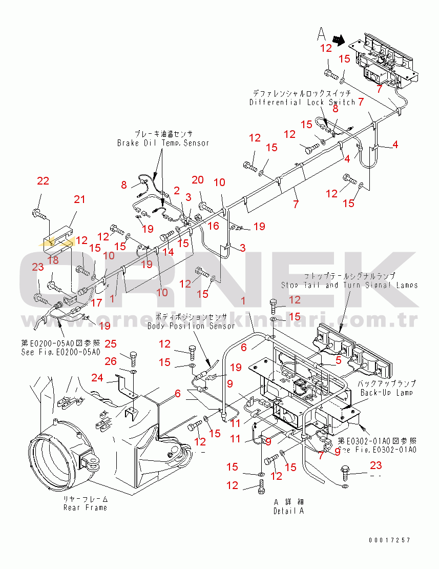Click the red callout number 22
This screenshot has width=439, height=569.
[43, 181]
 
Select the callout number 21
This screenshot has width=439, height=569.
[79, 199]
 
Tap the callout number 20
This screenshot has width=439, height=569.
[198, 179]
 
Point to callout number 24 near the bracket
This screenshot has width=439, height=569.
[98, 378]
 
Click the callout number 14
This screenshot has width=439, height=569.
[168, 252]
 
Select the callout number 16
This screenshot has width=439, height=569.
[214, 226]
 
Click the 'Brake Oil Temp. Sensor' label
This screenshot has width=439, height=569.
[163, 143]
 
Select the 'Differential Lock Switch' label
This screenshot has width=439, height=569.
[302, 102]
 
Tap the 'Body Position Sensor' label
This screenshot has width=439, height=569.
[191, 326]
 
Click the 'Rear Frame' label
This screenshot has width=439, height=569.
[85, 507]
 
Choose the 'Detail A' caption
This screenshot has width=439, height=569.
[288, 511]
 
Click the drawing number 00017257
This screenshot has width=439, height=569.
[389, 540]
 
